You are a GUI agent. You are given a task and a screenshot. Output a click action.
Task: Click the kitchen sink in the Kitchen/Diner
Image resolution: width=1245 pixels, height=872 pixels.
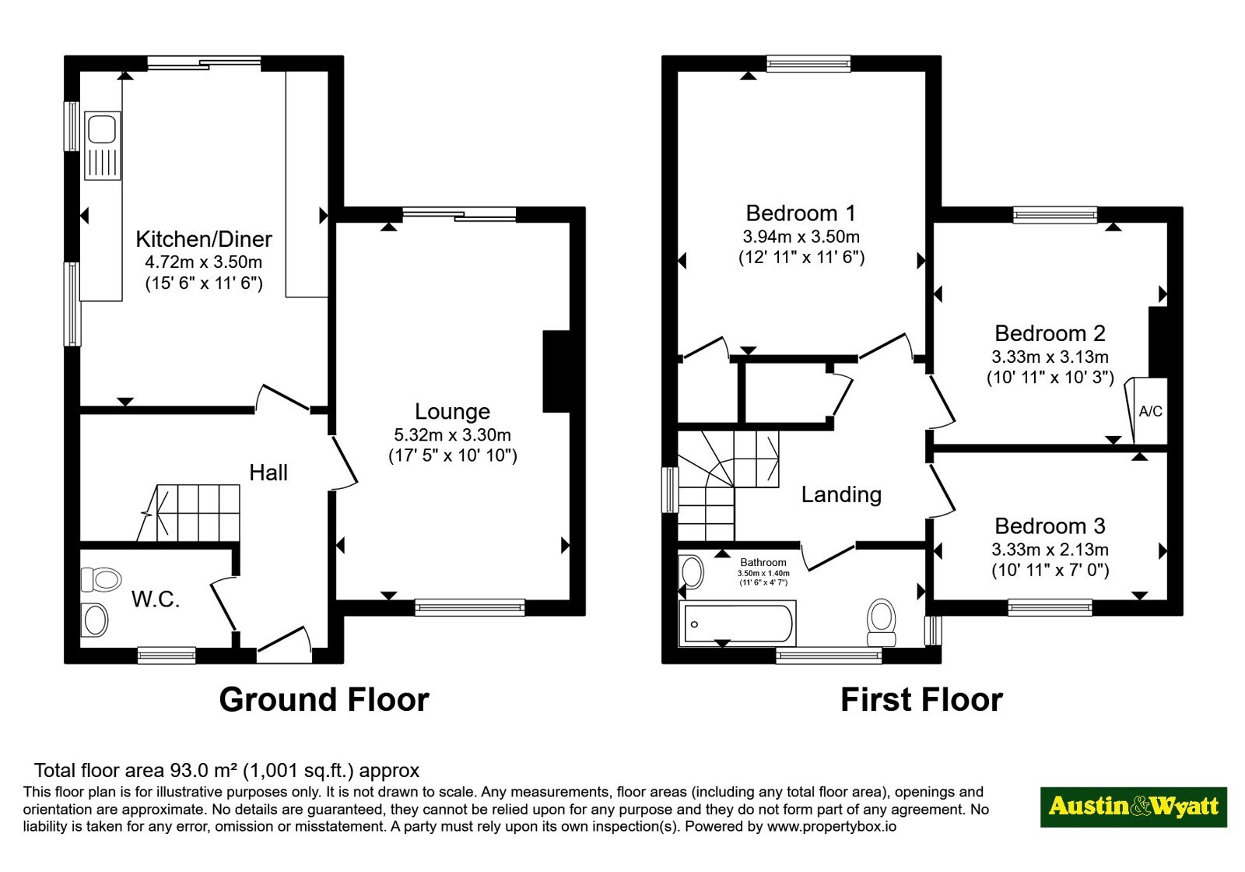pyautogui.click(x=102, y=146)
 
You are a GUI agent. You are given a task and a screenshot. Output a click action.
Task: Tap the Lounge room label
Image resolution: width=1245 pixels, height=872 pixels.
pyautogui.click(x=452, y=412)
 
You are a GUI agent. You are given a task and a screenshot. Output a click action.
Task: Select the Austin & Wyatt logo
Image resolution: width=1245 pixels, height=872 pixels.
pyautogui.click(x=1133, y=807)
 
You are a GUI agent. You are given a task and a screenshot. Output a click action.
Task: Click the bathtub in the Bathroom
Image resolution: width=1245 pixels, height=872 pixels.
pyautogui.click(x=738, y=623)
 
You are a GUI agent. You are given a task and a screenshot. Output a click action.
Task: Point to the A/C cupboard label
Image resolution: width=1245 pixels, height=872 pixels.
pyautogui.click(x=1151, y=412)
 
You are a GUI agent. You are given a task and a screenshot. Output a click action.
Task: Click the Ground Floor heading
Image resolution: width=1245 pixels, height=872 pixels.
pyautogui.click(x=324, y=700)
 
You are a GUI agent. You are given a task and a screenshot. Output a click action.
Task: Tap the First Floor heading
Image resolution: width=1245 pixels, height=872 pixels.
pyautogui.click(x=921, y=700)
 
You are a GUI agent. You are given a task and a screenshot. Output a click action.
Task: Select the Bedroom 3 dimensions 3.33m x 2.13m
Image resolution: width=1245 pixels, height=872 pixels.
pyautogui.click(x=1050, y=550)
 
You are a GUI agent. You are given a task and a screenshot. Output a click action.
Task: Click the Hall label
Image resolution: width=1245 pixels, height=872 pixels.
pyautogui.click(x=268, y=473)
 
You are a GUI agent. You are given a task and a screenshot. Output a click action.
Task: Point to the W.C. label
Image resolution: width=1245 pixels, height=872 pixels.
pyautogui.click(x=156, y=599)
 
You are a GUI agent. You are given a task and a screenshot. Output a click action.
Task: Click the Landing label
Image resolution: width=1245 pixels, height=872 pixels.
pyautogui.click(x=841, y=494)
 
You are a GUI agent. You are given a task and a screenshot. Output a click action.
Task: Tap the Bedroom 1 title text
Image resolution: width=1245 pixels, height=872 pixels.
pyautogui.click(x=801, y=213)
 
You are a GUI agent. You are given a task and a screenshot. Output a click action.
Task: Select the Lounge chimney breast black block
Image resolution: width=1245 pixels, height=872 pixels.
pyautogui.click(x=556, y=371)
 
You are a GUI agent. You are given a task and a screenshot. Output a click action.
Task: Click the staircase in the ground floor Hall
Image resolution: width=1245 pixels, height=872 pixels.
pyautogui.click(x=189, y=513)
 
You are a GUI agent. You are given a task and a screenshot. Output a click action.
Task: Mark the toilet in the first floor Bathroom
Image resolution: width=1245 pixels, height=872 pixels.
pyautogui.click(x=882, y=622)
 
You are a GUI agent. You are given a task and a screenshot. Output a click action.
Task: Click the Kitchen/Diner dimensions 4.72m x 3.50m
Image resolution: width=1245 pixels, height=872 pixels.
pyautogui.click(x=203, y=262)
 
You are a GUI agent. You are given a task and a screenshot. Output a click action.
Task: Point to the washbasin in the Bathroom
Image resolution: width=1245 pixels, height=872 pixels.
pyautogui.click(x=691, y=571)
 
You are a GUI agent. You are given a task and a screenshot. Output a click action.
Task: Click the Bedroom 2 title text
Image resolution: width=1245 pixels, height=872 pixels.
pyautogui.click(x=1050, y=334)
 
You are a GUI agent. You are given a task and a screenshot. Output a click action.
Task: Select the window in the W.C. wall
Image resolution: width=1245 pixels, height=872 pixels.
pyautogui.click(x=167, y=655)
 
